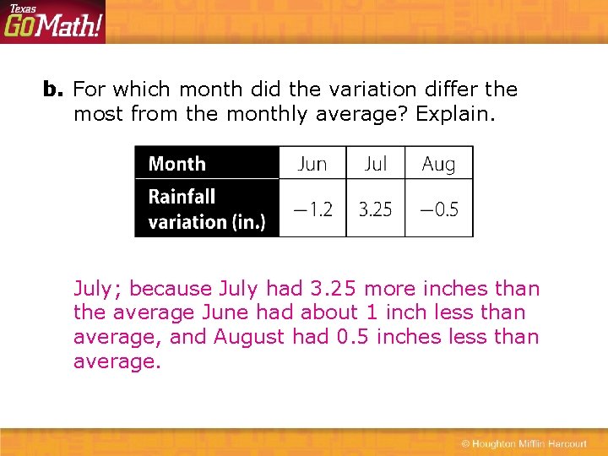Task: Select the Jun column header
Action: [312, 164]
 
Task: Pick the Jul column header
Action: [376, 164]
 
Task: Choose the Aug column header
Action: [438, 164]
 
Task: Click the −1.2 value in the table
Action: [312, 209]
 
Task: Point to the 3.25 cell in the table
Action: [376, 209]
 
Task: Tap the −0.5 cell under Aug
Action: [438, 209]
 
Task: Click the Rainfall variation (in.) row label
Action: [206, 209]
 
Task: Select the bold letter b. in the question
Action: [53, 90]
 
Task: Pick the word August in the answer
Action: [249, 338]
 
